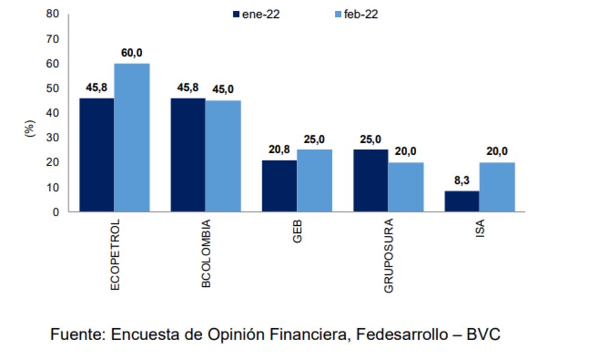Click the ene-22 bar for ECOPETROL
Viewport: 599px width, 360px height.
click(96, 155)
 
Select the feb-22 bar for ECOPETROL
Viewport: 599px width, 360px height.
click(132, 137)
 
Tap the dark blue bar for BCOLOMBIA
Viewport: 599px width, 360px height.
click(188, 155)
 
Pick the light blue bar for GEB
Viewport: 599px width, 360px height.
click(314, 180)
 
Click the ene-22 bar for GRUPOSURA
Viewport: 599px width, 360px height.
click(370, 180)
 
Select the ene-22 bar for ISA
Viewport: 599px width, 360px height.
click(461, 201)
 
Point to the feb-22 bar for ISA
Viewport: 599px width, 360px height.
click(497, 186)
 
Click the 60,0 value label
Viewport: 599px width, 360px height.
click(132, 53)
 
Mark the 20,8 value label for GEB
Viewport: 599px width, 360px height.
click(279, 150)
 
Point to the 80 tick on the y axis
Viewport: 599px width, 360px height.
click(53, 14)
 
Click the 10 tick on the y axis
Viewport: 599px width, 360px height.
click(53, 187)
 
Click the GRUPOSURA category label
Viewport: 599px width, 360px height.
click(389, 257)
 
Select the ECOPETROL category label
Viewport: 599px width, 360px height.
click(116, 255)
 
